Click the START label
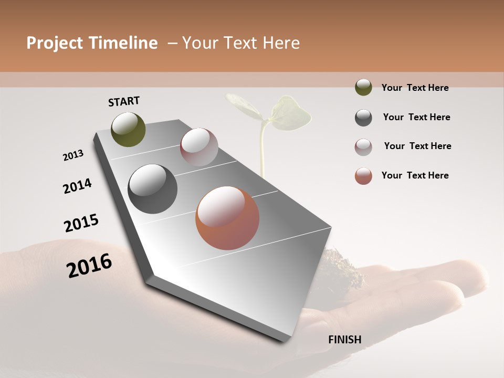(124, 101)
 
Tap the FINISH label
(344, 340)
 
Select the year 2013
(73, 155)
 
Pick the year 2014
(77, 186)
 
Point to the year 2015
(81, 223)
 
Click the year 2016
(89, 265)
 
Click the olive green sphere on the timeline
(129, 129)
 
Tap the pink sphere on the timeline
(199, 147)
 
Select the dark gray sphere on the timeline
(152, 189)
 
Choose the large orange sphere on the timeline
(227, 218)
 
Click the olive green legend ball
(363, 87)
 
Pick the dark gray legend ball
(363, 118)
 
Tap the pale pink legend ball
(363, 147)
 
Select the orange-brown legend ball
(363, 176)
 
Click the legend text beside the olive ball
(415, 88)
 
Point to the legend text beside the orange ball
(415, 175)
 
